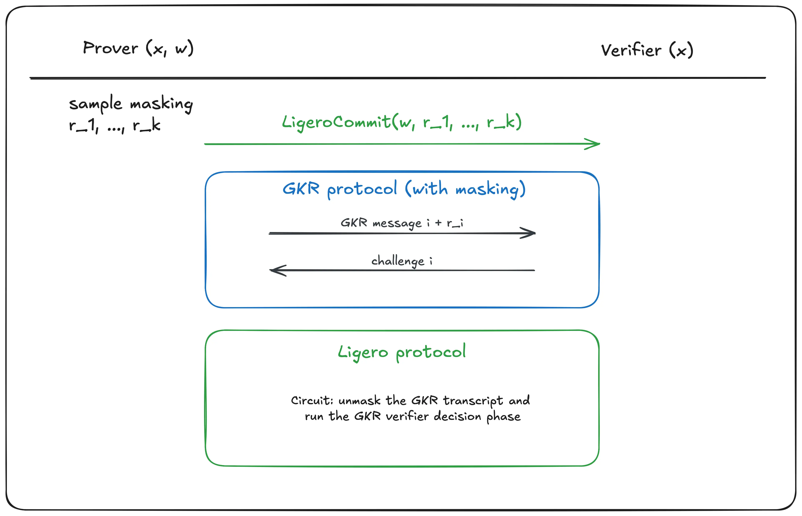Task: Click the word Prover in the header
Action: coord(110,48)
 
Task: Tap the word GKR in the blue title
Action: coord(301,189)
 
